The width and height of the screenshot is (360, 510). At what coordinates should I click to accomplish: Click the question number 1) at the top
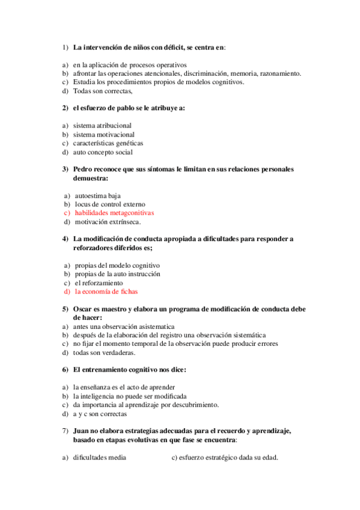pyautogui.click(x=65, y=48)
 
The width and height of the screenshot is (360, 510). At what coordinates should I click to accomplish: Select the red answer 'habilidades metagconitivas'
pyautogui.click(x=114, y=213)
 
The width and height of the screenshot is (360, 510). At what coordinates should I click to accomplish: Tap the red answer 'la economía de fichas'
pyautogui.click(x=106, y=291)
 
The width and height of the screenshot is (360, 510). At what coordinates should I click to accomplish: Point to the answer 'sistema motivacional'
pyautogui.click(x=103, y=135)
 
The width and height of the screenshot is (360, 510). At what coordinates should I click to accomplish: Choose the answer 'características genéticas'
pyautogui.click(x=108, y=144)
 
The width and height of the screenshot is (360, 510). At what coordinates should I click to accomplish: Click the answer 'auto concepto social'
pyautogui.click(x=102, y=153)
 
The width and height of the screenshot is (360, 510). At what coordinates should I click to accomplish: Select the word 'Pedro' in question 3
pyautogui.click(x=83, y=170)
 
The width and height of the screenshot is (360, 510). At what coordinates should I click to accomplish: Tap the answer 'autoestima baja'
pyautogui.click(x=97, y=195)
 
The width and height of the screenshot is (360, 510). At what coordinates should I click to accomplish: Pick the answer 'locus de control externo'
pyautogui.click(x=109, y=204)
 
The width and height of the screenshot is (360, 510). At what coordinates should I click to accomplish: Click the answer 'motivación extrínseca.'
pyautogui.click(x=108, y=222)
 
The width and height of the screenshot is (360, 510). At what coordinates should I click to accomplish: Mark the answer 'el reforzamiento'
pyautogui.click(x=98, y=283)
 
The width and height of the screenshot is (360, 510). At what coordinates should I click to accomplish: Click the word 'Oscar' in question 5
pyautogui.click(x=83, y=309)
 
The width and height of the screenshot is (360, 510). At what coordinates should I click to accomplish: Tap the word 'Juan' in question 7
pyautogui.click(x=82, y=431)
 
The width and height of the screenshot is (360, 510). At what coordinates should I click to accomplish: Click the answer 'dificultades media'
pyautogui.click(x=99, y=458)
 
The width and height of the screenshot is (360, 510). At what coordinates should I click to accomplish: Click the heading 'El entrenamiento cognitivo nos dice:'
pyautogui.click(x=129, y=370)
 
